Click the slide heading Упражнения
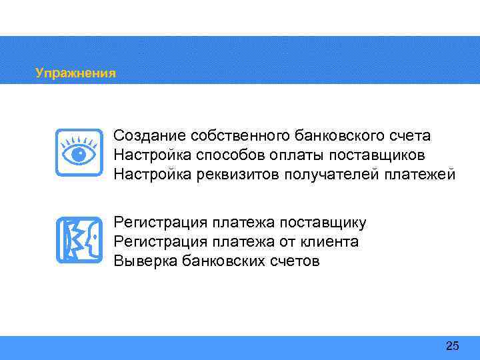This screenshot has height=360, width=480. pyautogui.click(x=75, y=73)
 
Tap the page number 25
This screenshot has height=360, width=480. pyautogui.click(x=452, y=345)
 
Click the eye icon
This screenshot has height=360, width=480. pyautogui.click(x=79, y=153)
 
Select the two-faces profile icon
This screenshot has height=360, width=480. pyautogui.click(x=79, y=240)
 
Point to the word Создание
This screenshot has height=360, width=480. pyautogui.click(x=149, y=136)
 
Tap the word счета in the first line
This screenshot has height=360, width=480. pyautogui.click(x=411, y=136)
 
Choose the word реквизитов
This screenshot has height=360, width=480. pyautogui.click(x=237, y=175)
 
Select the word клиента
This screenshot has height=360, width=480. pyautogui.click(x=327, y=241)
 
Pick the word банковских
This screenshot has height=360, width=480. pyautogui.click(x=220, y=261)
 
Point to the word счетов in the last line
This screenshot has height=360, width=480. pyautogui.click(x=295, y=261)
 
